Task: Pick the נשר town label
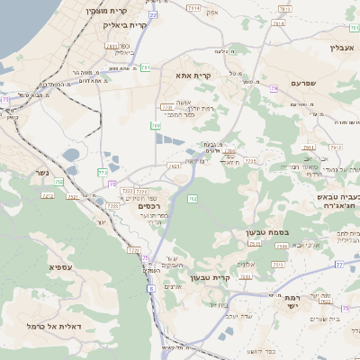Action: tap(42, 172)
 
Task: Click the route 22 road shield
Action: tap(153, 15)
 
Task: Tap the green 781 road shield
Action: tap(145, 67)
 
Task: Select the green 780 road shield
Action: tap(156, 126)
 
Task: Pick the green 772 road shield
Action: tap(103, 171)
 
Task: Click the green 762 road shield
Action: tap(192, 198)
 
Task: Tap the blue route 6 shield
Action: tap(152, 288)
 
